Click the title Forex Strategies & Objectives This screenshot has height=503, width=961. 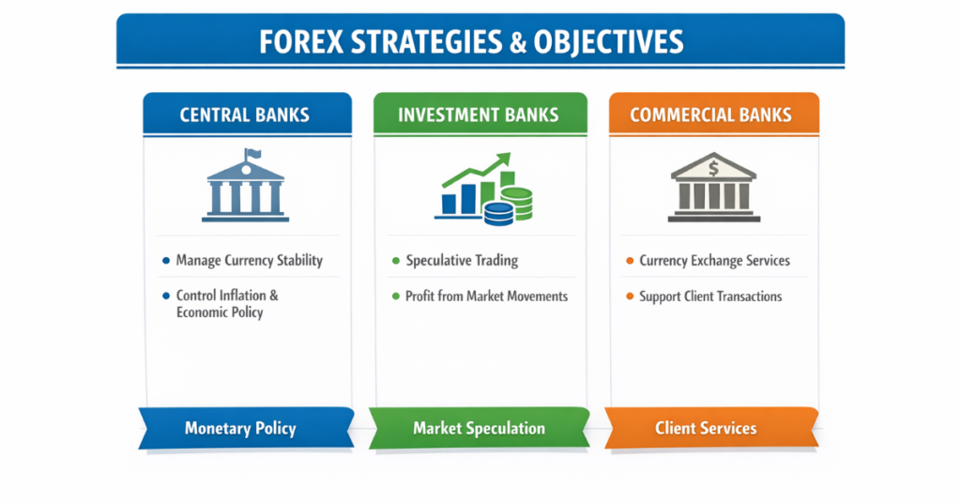pos(480,42)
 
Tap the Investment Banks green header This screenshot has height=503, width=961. pos(479,115)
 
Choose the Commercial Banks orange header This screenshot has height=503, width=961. pos(710,115)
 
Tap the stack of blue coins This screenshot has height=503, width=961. pos(498,212)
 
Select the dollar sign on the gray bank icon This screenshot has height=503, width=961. pos(713,169)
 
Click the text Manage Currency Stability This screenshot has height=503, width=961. pos(249,260)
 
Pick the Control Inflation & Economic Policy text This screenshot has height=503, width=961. pos(226,303)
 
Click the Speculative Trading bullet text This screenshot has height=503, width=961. pos(461,260)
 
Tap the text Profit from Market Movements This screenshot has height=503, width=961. pos(486,296)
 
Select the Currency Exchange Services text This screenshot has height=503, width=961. pos(714,260)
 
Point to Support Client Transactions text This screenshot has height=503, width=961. pos(710,296)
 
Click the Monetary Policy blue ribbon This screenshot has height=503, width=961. pos(240,429)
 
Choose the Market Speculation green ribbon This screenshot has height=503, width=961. pos(479,428)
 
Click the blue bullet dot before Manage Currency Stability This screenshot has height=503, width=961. pos(166,260)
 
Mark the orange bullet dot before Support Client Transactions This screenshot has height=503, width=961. pos(629,297)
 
